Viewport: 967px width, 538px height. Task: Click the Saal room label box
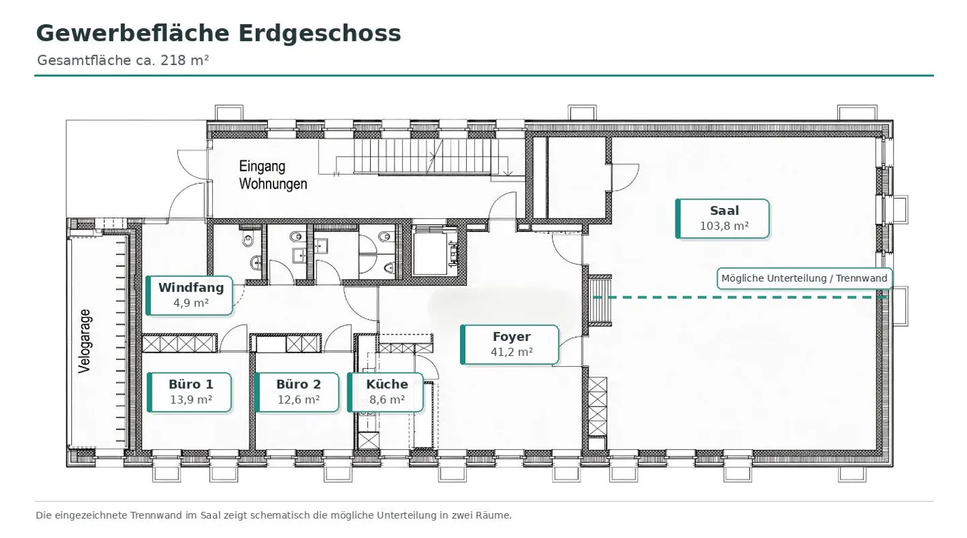[x=723, y=219]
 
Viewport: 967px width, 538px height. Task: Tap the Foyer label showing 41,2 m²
[x=510, y=345]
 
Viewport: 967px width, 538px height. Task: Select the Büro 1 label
[x=189, y=392]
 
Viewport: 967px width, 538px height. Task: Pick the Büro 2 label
[x=297, y=392]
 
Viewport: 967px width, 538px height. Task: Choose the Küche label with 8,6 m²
[x=385, y=392]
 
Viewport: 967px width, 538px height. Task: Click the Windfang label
[x=189, y=296]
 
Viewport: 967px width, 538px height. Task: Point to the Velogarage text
[x=85, y=341]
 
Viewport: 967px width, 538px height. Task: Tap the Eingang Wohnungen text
[x=273, y=175]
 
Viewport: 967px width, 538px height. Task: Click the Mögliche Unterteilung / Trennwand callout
[x=804, y=279]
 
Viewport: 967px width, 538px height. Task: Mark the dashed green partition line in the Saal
[x=740, y=298]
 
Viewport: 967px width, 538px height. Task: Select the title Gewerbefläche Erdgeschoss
[x=218, y=34]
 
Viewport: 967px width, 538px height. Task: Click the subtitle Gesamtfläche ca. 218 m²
[x=123, y=60]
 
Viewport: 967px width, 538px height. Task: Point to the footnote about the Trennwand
[x=273, y=515]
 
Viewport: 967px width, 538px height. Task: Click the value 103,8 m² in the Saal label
[x=724, y=226]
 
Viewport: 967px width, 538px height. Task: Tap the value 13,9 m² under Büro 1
[x=191, y=400]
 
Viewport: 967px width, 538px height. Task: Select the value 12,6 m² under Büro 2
[x=298, y=400]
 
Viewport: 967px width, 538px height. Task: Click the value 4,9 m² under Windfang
[x=191, y=303]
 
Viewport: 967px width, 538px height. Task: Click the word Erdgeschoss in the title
[x=320, y=34]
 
